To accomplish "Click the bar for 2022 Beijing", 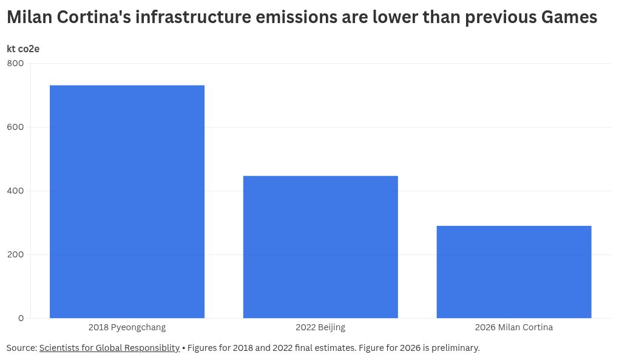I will [320, 246].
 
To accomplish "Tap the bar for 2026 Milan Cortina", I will [513, 272].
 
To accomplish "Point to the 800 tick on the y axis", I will [16, 63].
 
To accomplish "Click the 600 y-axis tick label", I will [16, 127].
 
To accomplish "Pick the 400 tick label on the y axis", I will [16, 191].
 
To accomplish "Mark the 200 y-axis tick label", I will [16, 254].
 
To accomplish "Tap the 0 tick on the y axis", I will [21, 318].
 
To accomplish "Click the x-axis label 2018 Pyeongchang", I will [127, 328].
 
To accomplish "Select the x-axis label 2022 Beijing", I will [320, 328].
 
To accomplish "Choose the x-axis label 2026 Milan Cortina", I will [513, 328].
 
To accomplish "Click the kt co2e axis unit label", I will [23, 49].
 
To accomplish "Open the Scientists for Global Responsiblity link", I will [109, 348].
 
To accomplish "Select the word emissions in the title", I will [294, 18].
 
